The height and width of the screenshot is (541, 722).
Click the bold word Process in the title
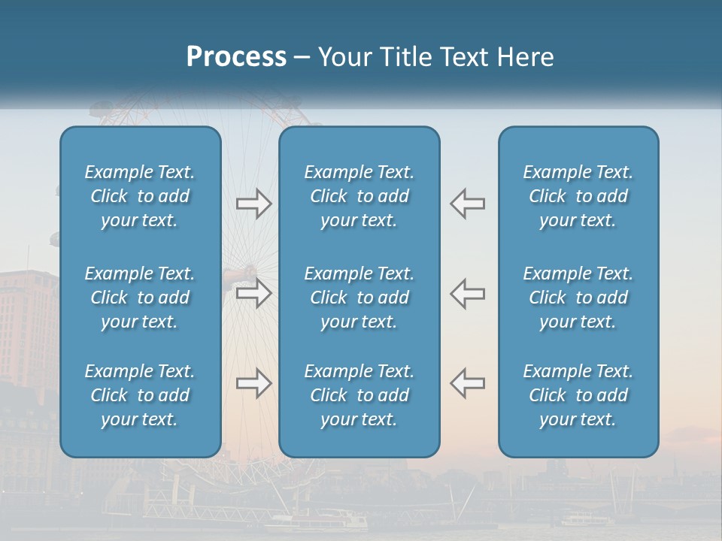[x=236, y=57]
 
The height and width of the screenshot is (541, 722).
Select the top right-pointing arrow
[x=253, y=204]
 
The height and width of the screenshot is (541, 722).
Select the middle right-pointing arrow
[x=253, y=293]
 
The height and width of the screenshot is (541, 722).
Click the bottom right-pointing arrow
[x=253, y=383]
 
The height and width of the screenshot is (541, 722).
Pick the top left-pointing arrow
[x=468, y=204]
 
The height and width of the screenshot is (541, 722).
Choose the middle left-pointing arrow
[x=468, y=293]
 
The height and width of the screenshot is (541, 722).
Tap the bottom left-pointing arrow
[x=468, y=383]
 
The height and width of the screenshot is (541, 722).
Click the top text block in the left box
[x=140, y=196]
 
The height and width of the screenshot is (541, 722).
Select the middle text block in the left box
[x=140, y=298]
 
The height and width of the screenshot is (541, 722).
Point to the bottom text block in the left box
[x=140, y=395]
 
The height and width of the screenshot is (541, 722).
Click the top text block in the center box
[x=359, y=196]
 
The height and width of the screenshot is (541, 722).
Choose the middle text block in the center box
[x=359, y=298]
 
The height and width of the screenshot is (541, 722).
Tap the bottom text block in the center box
[x=359, y=395]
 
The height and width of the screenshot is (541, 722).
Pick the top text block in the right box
[x=578, y=196]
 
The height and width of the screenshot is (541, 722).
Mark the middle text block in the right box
[x=578, y=298]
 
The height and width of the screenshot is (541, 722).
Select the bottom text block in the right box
[x=578, y=395]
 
